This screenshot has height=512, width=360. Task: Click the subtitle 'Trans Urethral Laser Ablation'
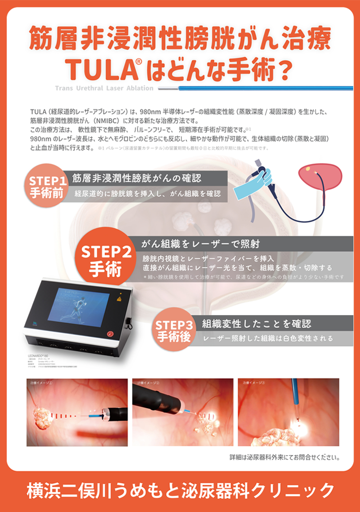click(x=104, y=88)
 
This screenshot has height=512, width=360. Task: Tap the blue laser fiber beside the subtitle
click(x=258, y=88)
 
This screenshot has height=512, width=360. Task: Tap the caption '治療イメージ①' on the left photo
click(x=41, y=383)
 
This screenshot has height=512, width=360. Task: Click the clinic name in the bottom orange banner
click(x=180, y=489)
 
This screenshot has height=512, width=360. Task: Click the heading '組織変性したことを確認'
click(x=256, y=322)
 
